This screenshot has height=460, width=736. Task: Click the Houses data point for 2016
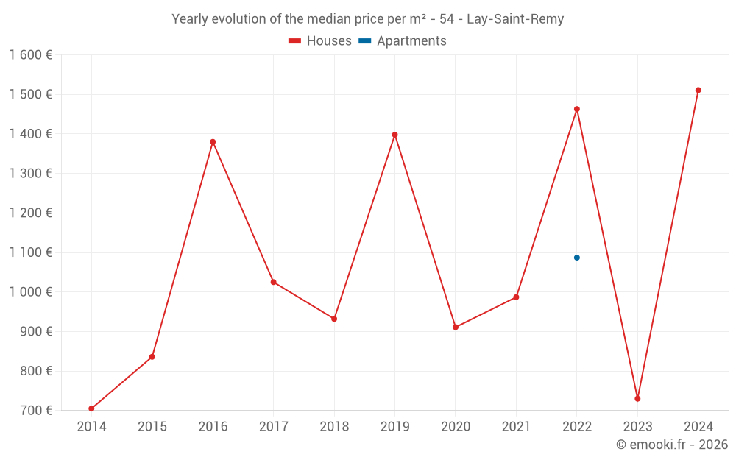213,142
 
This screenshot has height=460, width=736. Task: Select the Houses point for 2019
394,135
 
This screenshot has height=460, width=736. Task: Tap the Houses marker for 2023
637,399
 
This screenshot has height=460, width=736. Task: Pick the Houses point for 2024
698,91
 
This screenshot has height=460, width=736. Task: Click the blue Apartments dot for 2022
577,258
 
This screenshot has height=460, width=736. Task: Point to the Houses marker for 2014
91,408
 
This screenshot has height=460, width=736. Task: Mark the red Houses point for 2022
577,109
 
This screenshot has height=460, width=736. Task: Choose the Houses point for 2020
456,327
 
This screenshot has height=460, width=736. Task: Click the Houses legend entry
320,41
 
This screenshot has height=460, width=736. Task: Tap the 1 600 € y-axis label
30,55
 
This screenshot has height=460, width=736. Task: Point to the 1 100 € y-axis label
30,252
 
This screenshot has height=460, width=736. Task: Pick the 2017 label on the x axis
273,427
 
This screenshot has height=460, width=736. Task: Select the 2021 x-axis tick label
516,427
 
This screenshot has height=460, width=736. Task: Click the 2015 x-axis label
152,427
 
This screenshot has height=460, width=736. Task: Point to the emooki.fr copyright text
672,445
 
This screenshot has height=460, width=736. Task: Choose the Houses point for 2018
334,319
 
